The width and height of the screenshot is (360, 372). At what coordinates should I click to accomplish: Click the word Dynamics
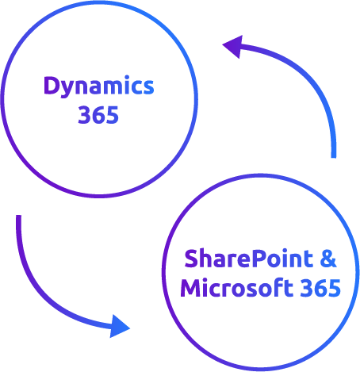tap(99, 86)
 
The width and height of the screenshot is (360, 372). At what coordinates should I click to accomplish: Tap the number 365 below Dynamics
tap(98, 115)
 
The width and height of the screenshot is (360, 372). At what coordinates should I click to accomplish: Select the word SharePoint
tap(248, 259)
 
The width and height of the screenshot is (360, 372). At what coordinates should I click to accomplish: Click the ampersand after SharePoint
tap(328, 259)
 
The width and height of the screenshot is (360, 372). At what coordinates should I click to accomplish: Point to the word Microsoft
tap(236, 287)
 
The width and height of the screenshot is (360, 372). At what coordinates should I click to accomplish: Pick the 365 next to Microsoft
tap(320, 288)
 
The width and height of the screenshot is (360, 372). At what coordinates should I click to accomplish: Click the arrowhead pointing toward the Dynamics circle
tap(232, 46)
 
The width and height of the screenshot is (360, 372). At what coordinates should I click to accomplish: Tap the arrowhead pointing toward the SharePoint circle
tap(120, 326)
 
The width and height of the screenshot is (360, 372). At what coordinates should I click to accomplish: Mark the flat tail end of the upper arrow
tap(334, 157)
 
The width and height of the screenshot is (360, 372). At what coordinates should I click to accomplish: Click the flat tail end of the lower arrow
tap(18, 216)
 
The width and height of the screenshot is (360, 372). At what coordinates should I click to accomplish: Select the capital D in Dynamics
tap(52, 85)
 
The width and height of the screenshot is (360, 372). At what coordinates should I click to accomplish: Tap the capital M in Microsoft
tap(190, 288)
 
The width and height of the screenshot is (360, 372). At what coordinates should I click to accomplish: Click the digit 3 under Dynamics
tap(84, 115)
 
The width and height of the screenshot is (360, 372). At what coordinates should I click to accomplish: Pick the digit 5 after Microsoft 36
tap(335, 288)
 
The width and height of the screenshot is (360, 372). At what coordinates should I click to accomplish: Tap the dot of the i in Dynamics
tap(127, 78)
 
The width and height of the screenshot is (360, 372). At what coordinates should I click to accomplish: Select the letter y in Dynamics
tap(67, 90)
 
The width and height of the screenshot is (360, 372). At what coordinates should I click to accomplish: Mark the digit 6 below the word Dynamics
tap(98, 115)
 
